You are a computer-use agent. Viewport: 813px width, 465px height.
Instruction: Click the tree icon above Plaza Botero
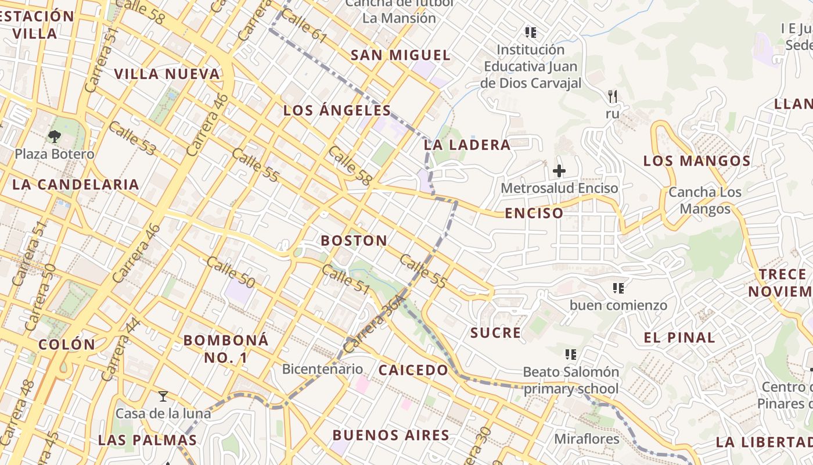(55, 137)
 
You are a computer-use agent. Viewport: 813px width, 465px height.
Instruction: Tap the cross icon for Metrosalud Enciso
(559, 171)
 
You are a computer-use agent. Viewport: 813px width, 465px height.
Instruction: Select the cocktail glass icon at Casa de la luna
(163, 396)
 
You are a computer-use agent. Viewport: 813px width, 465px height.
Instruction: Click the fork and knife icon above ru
(612, 96)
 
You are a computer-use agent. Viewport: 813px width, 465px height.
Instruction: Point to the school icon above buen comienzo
(618, 288)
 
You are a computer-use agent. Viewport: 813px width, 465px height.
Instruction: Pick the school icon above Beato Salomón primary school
(570, 354)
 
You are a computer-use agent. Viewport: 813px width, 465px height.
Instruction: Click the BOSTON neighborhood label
(354, 240)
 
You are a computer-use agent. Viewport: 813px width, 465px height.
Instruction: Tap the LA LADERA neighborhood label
(467, 145)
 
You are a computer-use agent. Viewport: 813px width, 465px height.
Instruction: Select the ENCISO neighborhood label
(534, 213)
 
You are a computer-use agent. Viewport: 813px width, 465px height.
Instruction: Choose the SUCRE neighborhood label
(495, 333)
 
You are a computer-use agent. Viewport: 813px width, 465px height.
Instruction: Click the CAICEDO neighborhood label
(413, 370)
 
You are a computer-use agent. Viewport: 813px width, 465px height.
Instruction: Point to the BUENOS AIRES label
(391, 435)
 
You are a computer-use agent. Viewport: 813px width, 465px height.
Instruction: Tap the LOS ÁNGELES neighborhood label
(337, 110)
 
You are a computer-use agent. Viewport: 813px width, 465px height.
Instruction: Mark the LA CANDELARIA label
(75, 185)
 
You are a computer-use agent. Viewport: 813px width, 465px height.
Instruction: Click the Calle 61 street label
(304, 26)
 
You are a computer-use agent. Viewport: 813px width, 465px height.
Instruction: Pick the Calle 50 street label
(231, 272)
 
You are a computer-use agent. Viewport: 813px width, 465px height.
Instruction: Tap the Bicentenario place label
(322, 369)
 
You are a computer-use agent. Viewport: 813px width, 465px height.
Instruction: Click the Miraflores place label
(587, 438)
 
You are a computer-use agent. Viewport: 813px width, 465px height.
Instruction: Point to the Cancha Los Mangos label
(704, 200)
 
